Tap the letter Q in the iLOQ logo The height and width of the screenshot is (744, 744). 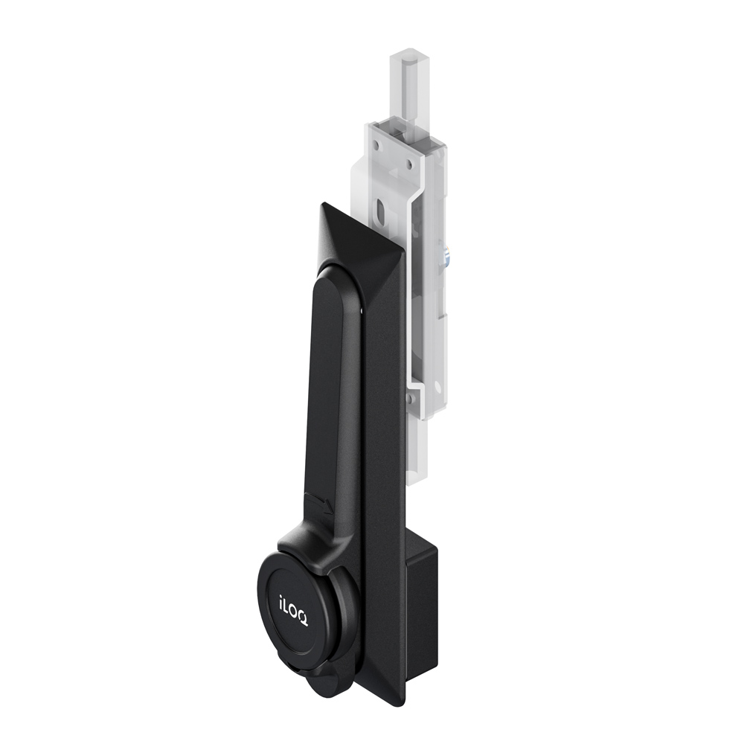pyautogui.click(x=303, y=619)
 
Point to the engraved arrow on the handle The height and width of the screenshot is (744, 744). pyautogui.click(x=317, y=502)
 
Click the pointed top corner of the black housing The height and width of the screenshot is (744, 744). pyautogui.click(x=323, y=204)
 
